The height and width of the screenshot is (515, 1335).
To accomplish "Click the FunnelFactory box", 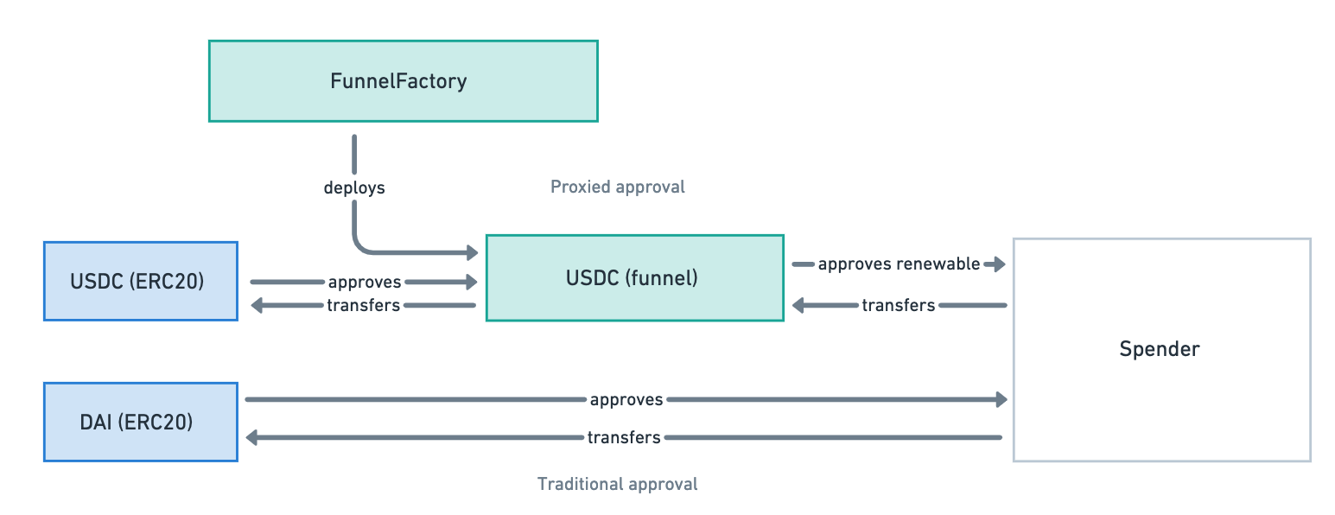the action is (x=404, y=81).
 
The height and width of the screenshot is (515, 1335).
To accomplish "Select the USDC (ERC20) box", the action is (x=141, y=282).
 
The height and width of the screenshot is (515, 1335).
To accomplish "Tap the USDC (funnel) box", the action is (x=635, y=277).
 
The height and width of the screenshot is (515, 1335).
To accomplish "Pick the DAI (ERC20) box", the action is (x=141, y=422).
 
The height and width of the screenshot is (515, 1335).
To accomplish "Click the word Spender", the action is (x=1160, y=349).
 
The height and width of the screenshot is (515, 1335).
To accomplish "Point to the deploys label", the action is (x=354, y=188).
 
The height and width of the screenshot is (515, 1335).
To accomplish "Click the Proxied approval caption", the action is (x=618, y=187).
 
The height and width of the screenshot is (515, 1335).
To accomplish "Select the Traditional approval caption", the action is (x=618, y=483).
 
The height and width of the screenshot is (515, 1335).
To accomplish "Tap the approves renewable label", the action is (x=899, y=264).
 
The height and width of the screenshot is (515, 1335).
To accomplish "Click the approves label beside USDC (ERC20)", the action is (x=364, y=282).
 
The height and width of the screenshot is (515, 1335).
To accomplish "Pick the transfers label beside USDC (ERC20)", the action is (x=363, y=305).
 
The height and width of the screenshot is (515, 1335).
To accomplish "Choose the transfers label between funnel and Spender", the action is (x=898, y=305).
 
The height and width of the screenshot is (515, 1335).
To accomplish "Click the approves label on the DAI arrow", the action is (x=626, y=399).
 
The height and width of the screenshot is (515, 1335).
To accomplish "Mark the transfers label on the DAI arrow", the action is (x=624, y=437).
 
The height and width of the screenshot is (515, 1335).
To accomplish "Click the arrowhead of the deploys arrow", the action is (x=472, y=252).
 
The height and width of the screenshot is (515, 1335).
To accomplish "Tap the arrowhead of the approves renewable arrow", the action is (x=1000, y=264).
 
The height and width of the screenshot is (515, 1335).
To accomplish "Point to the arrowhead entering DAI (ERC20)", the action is (x=252, y=437).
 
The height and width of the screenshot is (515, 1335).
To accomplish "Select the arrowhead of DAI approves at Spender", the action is (x=1001, y=399).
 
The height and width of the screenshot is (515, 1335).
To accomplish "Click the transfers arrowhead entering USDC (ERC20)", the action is (x=257, y=305).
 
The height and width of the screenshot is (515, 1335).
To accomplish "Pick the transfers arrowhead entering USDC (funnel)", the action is (x=798, y=305).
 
